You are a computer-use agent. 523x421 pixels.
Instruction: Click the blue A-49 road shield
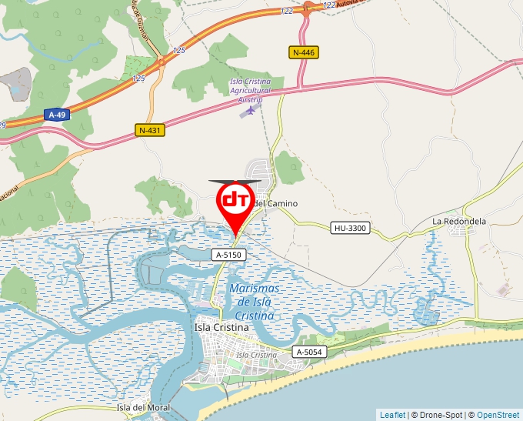click(x=56, y=115)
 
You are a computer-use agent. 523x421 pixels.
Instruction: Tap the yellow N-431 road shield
click(x=150, y=130)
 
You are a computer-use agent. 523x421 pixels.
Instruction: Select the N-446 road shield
click(x=305, y=52)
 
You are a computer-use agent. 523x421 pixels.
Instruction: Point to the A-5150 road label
click(x=228, y=254)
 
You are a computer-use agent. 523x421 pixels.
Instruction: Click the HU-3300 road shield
click(x=351, y=228)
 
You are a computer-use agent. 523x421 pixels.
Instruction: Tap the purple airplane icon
click(x=248, y=111)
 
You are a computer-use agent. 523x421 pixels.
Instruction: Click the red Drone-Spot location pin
click(x=236, y=202)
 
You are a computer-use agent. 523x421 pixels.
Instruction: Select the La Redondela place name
click(x=459, y=222)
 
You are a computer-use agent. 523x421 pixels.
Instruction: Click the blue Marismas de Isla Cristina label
click(x=255, y=302)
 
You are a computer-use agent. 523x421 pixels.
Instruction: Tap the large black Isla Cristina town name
click(x=222, y=327)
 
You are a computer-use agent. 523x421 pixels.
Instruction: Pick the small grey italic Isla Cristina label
click(x=256, y=355)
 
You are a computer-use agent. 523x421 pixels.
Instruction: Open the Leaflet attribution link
click(x=392, y=415)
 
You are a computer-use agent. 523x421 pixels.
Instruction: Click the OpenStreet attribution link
click(x=499, y=415)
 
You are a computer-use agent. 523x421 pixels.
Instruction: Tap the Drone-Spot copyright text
click(x=438, y=415)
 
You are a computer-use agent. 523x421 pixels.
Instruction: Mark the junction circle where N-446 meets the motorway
click(x=306, y=8)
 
